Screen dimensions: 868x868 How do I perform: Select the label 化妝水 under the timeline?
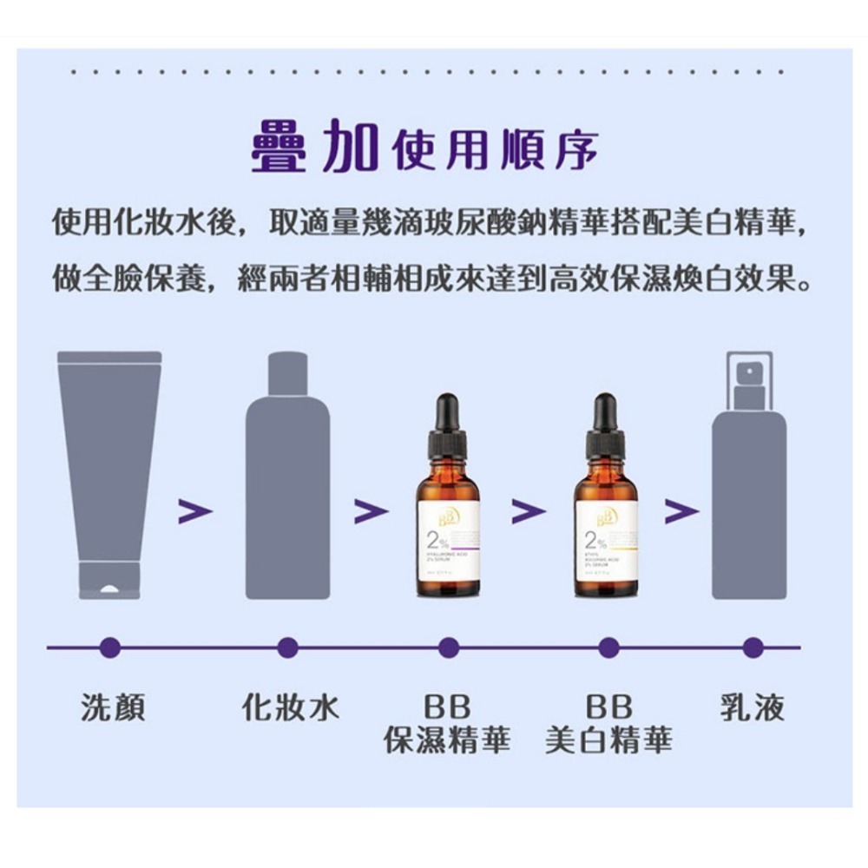point(290,708)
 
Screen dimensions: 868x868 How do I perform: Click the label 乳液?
point(753,708)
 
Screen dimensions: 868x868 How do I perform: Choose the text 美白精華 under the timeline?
point(608,740)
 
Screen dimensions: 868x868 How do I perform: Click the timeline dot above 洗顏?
point(109,647)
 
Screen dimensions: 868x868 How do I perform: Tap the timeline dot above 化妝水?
point(289,647)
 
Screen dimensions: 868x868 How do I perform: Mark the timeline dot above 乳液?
point(753,647)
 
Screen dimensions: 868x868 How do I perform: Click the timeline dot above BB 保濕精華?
point(448,647)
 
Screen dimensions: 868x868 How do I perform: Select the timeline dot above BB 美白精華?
point(608,647)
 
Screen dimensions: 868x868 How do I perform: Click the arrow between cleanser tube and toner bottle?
point(195,512)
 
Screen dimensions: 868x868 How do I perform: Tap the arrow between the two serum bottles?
point(528,512)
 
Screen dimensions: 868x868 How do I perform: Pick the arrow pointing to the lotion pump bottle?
point(681,512)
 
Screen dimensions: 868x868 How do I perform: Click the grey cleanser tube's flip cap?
point(109,580)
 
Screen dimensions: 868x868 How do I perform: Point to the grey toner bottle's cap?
point(288,373)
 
